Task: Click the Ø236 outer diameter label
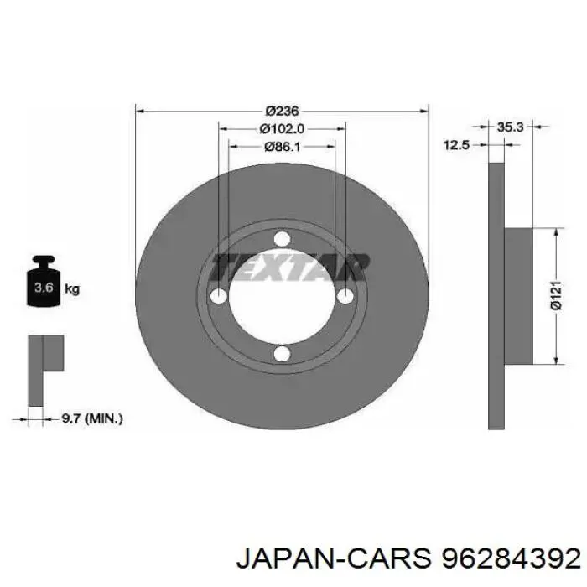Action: coord(282,111)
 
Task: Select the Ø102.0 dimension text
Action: coord(282,129)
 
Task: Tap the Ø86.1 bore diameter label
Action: coord(283,147)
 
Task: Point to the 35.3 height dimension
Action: coord(510,127)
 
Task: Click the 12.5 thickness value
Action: coord(456,144)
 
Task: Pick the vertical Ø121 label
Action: coord(556,295)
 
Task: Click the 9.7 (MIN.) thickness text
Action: coord(92,418)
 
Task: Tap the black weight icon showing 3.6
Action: coord(44,281)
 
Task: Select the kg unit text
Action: coord(72,289)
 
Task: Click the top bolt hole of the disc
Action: coord(282,239)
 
